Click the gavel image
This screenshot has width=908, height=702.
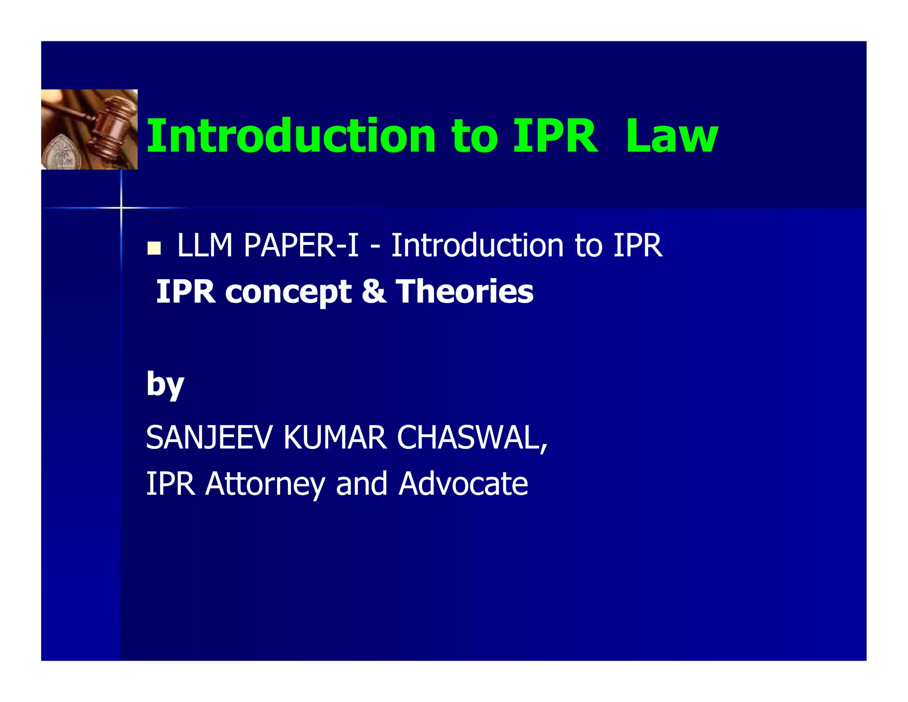89,129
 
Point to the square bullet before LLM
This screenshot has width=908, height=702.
154,248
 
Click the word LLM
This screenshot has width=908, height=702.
204,245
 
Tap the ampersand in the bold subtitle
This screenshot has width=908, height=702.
373,292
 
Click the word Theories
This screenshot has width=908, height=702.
464,292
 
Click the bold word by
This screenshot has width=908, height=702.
165,384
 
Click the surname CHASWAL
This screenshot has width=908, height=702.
472,438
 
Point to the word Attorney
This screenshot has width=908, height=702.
265,484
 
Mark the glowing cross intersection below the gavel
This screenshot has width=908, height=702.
121,207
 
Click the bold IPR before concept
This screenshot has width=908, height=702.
186,292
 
